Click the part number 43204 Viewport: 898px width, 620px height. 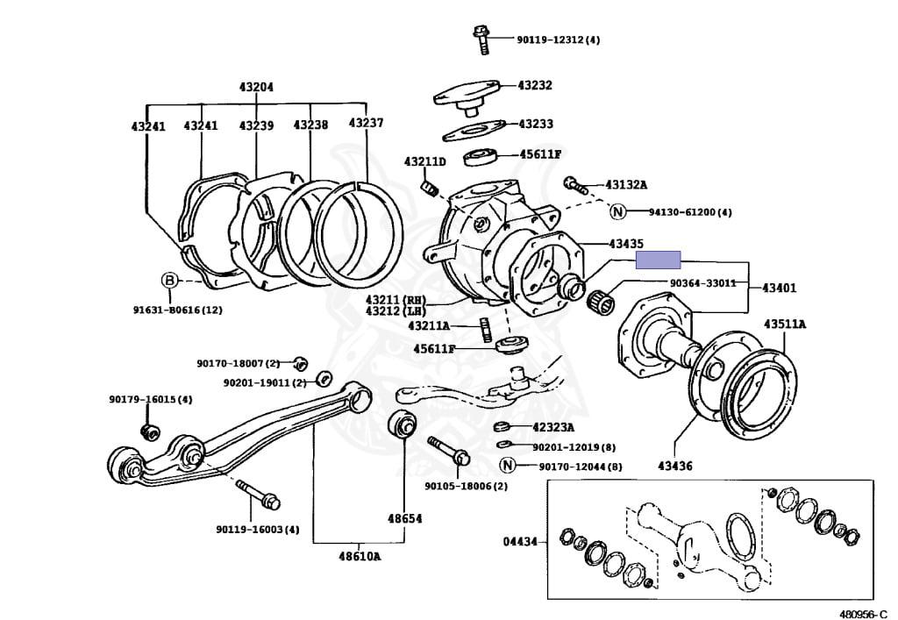[256, 87]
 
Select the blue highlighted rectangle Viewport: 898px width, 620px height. [658, 260]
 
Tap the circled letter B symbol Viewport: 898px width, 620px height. [169, 281]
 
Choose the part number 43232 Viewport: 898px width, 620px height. [535, 85]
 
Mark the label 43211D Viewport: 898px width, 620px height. [424, 161]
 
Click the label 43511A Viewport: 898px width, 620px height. [784, 324]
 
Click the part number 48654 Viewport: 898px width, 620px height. [405, 518]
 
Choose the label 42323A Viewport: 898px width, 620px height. [552, 428]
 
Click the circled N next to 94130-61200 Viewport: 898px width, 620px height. [617, 211]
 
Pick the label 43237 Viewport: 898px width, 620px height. [366, 123]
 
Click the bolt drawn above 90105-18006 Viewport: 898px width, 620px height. [449, 452]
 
